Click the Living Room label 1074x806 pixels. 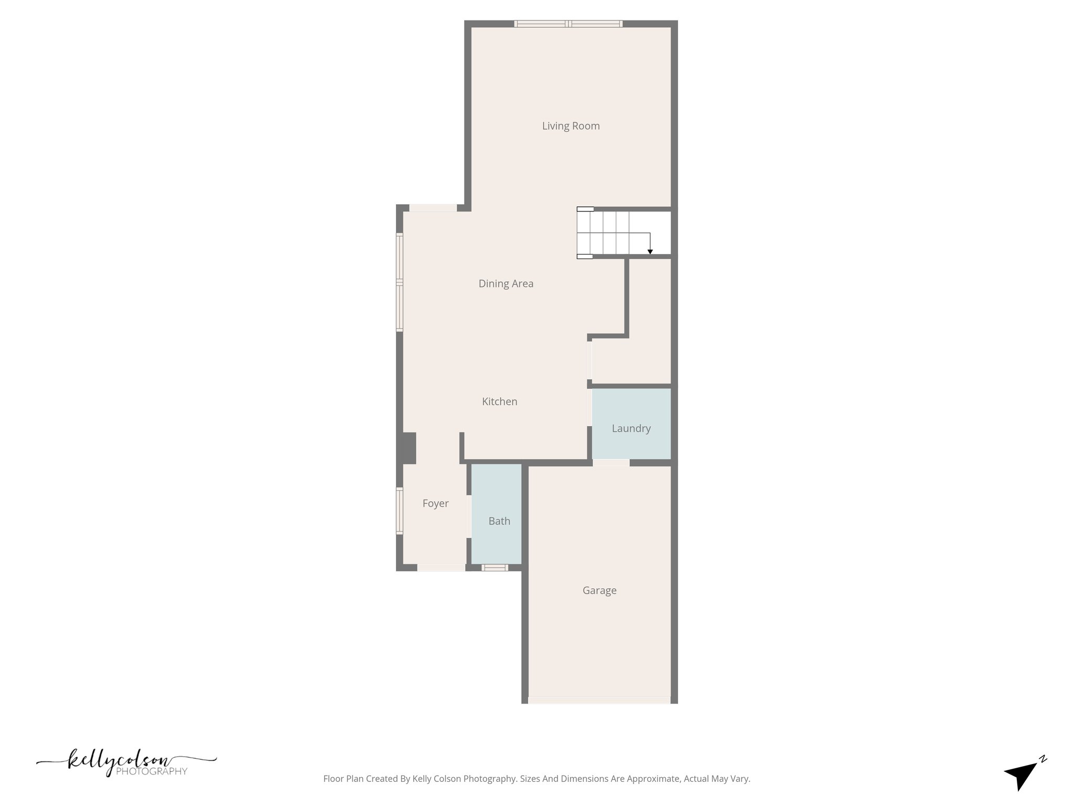[x=571, y=126]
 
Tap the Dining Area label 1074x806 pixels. [x=506, y=284]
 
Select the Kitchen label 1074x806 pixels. [x=499, y=402]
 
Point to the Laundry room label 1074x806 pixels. [x=631, y=429]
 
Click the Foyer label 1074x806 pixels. [x=435, y=504]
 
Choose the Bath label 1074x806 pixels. [x=499, y=522]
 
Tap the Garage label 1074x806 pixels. [x=599, y=591]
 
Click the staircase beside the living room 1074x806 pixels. [x=614, y=233]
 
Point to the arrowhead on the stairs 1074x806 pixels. [x=650, y=252]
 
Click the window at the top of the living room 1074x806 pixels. [x=568, y=24]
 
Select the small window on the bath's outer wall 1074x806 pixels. [x=495, y=567]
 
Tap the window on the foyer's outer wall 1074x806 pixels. [x=400, y=511]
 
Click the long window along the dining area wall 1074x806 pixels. [x=400, y=282]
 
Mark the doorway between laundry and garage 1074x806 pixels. [x=611, y=463]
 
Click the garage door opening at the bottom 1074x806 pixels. [x=599, y=700]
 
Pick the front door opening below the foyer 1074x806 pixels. [x=441, y=567]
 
